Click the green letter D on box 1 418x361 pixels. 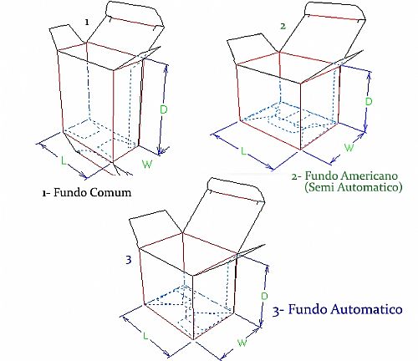click(x=164, y=109)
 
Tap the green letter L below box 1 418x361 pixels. click(x=64, y=160)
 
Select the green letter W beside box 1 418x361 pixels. click(x=147, y=164)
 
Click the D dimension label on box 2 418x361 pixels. click(x=369, y=101)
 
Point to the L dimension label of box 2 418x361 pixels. click(x=243, y=151)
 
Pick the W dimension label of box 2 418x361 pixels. click(x=349, y=147)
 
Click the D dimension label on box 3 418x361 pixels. click(x=264, y=296)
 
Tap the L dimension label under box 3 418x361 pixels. click(x=145, y=336)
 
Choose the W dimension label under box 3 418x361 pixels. click(x=242, y=342)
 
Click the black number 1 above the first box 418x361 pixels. click(x=87, y=23)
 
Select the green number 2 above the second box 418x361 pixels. click(x=283, y=27)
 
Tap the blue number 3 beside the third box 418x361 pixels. click(x=128, y=260)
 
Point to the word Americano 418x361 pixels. click(x=369, y=175)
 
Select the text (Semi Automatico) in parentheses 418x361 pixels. click(x=354, y=187)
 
